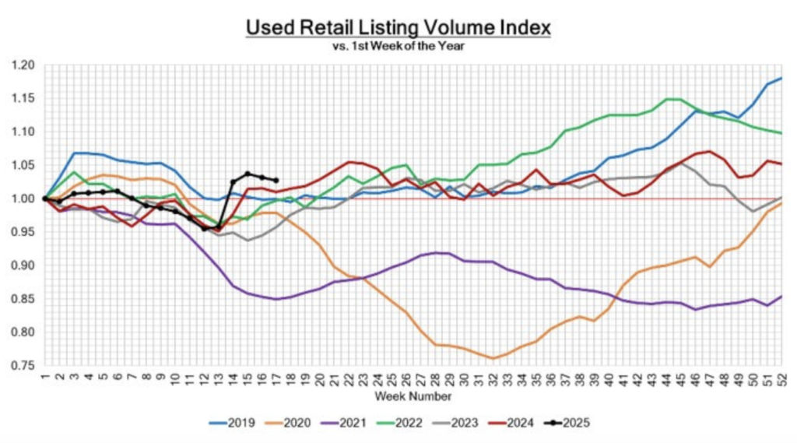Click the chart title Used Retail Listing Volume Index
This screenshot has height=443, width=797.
point(398,27)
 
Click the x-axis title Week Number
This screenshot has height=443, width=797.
point(413,396)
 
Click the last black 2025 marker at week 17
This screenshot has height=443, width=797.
point(276,181)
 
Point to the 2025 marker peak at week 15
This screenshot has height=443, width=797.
point(248,174)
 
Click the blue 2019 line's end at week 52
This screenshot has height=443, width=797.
point(781,79)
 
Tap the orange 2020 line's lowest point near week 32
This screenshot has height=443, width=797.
point(493,358)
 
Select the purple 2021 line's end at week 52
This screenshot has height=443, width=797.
point(781,297)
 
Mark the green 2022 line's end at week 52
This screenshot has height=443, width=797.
point(781,133)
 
